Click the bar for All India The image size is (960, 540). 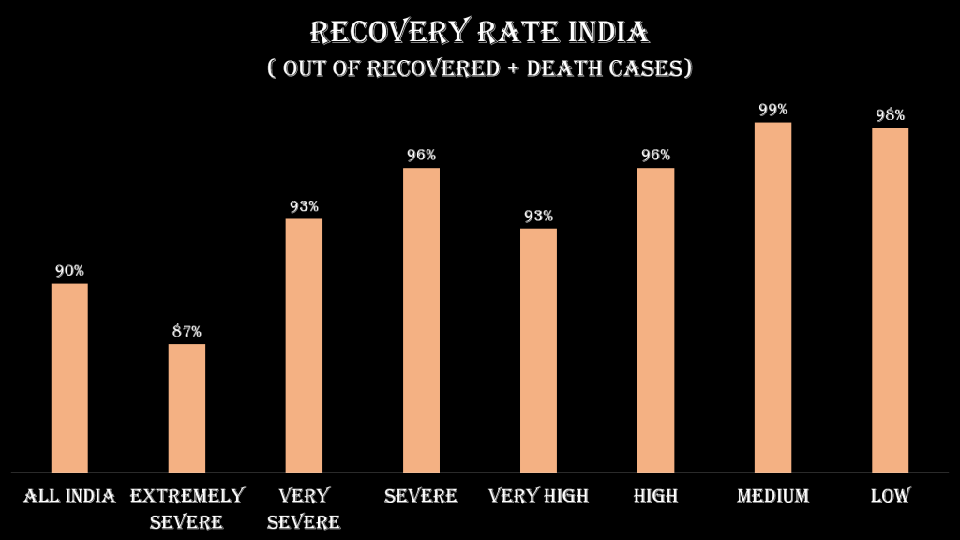point(69,377)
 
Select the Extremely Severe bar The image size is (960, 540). point(187,408)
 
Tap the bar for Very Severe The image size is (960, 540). point(304,345)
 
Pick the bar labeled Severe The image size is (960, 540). point(421,320)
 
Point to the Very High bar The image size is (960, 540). point(538,350)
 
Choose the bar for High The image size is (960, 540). point(655,320)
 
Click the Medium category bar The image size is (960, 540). point(772,297)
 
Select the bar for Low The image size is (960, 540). point(890,300)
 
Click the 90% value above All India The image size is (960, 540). point(69,271)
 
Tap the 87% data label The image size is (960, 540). point(187,331)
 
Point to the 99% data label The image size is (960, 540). point(772,110)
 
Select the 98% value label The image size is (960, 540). point(890,115)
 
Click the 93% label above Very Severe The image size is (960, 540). point(304,206)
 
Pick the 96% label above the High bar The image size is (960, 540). point(655,155)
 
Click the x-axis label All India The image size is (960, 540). point(69,496)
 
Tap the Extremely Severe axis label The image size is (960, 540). point(187,507)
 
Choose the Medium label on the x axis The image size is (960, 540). point(772,496)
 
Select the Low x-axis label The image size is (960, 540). point(890,496)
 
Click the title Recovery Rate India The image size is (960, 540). point(479,33)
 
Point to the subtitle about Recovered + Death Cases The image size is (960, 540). point(479,69)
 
